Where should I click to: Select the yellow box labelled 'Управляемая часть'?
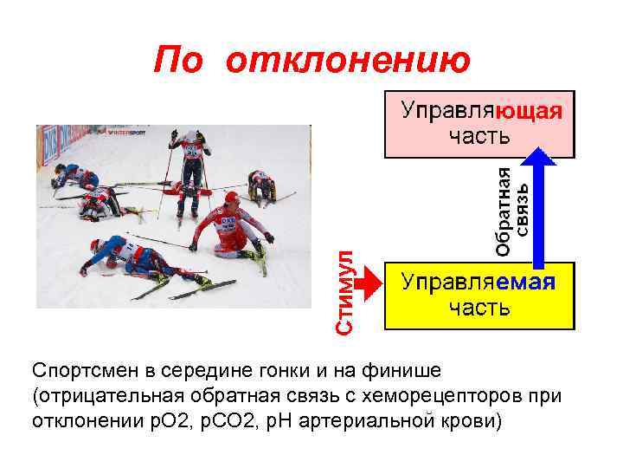coord(479,296)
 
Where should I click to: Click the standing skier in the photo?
coord(189,169)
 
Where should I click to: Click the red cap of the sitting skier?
coord(230,199)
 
